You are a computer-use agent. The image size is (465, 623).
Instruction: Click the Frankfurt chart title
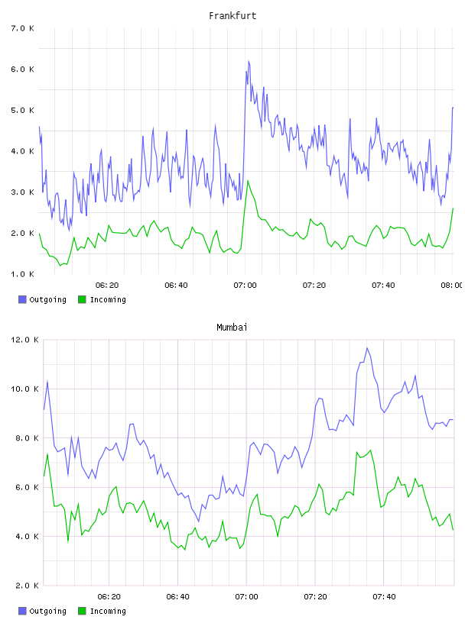coord(232,16)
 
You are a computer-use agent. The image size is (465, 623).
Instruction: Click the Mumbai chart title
coord(232,328)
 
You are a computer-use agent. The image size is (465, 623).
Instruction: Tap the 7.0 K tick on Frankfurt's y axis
coord(23,28)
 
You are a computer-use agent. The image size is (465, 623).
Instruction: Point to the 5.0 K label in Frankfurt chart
coord(23,110)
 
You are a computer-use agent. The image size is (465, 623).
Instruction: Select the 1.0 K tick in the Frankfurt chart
coord(23,274)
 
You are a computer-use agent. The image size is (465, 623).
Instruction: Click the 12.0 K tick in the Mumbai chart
coord(24,340)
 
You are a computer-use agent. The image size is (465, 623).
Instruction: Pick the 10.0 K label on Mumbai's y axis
coord(24,389)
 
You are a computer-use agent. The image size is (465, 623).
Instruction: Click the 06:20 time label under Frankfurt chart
coord(107,286)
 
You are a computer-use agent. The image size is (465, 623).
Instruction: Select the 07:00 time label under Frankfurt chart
coord(246,286)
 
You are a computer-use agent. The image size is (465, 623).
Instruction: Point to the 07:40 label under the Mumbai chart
coord(384,597)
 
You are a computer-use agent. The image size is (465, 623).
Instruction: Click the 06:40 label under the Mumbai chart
coord(178,597)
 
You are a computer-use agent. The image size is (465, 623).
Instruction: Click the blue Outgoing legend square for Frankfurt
coord(22,299)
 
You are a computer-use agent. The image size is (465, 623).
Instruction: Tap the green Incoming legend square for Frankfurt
coord(82,299)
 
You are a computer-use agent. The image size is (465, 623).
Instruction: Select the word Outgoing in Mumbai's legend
coord(47,611)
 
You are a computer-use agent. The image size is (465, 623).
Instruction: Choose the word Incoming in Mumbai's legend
coord(108,611)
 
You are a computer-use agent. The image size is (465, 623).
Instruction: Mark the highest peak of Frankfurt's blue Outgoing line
coord(249,61)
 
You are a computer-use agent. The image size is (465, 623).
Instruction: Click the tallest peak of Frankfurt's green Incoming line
coord(248,181)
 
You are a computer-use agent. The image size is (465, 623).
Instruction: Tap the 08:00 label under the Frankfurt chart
coord(452,286)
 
